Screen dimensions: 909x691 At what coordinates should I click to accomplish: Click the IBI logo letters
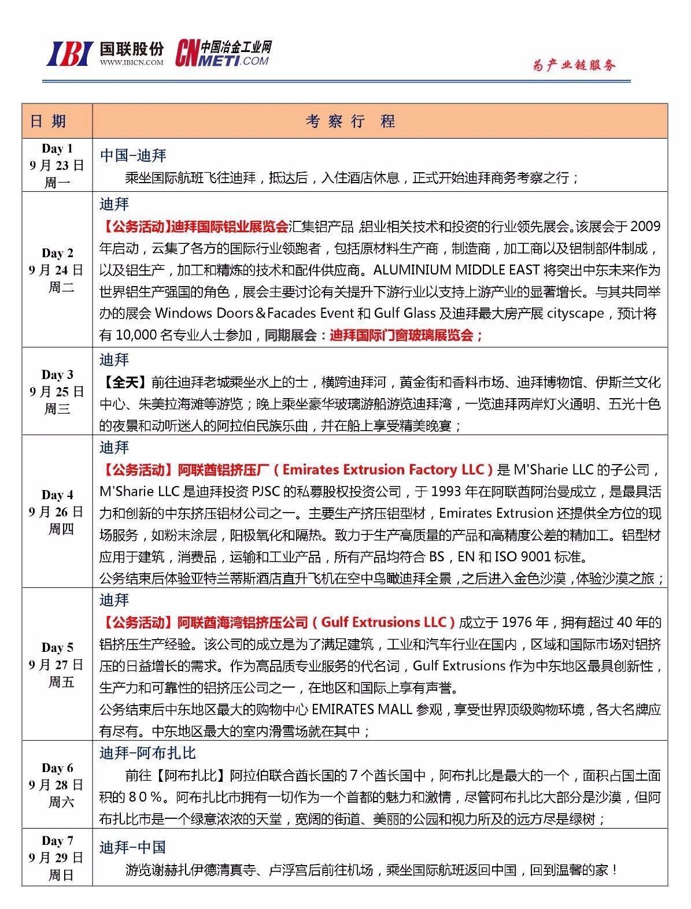tap(69, 54)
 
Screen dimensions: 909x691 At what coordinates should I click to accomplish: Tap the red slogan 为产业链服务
tap(574, 65)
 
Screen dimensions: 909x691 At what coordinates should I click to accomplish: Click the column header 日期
tap(49, 121)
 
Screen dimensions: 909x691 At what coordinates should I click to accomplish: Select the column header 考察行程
tap(351, 121)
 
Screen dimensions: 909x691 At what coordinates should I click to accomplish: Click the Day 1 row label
tap(57, 149)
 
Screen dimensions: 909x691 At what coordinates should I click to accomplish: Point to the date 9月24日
tap(57, 270)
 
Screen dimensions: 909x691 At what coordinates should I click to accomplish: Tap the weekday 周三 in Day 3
tap(57, 409)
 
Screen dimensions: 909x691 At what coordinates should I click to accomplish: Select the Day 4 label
tap(57, 495)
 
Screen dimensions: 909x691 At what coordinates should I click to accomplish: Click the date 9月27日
tap(57, 665)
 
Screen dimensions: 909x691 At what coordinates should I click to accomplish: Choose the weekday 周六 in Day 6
tap(61, 802)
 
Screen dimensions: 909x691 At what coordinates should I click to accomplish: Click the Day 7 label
tap(57, 840)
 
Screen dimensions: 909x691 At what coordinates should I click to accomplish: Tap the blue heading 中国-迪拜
tap(134, 155)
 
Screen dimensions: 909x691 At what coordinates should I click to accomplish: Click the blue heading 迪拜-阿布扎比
tap(148, 752)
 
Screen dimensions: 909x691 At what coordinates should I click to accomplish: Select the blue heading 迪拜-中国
tap(133, 847)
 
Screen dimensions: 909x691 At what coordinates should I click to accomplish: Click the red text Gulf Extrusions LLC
tap(384, 622)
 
